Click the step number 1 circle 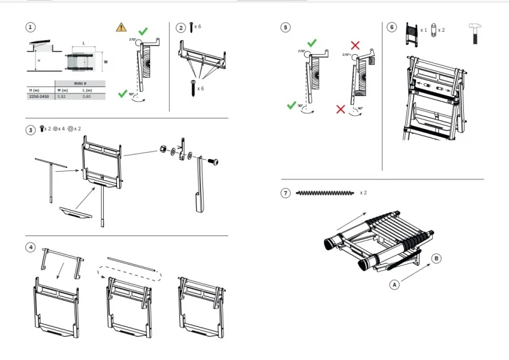click(31, 27)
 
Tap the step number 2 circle click(181, 27)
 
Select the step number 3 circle click(31, 130)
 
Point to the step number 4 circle click(31, 247)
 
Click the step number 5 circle click(286, 27)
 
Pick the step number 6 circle click(392, 27)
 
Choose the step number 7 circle click(286, 193)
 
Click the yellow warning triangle click(121, 27)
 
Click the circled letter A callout click(394, 285)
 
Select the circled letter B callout click(436, 258)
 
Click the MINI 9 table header click(80, 83)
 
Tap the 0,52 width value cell click(62, 96)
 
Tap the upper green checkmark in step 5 click(312, 43)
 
